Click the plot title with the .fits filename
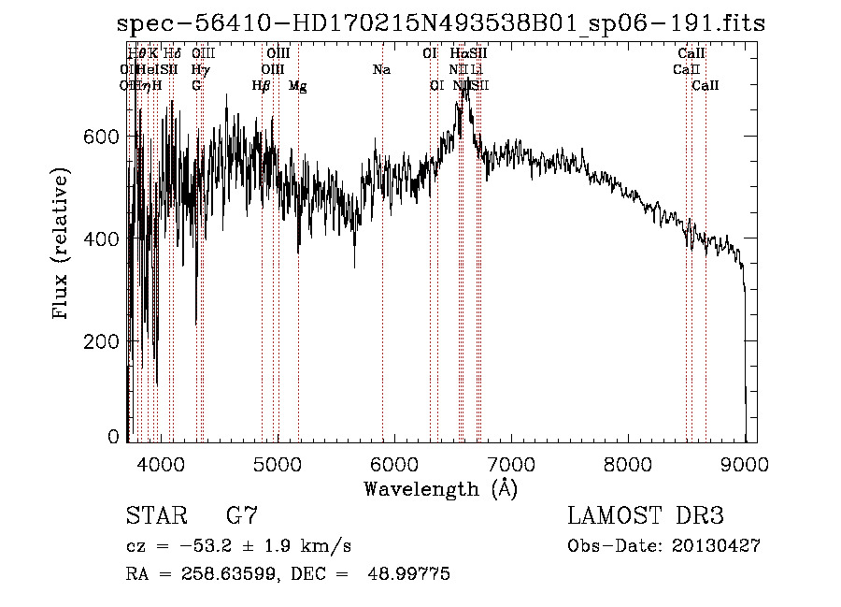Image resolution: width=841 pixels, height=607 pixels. [x=442, y=23]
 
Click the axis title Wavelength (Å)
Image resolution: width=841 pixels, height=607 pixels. [x=440, y=488]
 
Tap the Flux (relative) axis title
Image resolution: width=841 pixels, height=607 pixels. [x=63, y=244]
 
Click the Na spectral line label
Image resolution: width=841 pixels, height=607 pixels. [x=381, y=69]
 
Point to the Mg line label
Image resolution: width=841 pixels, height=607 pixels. [x=298, y=86]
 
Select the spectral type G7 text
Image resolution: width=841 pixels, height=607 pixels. [x=241, y=516]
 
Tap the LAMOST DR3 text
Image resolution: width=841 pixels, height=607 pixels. [x=646, y=516]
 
